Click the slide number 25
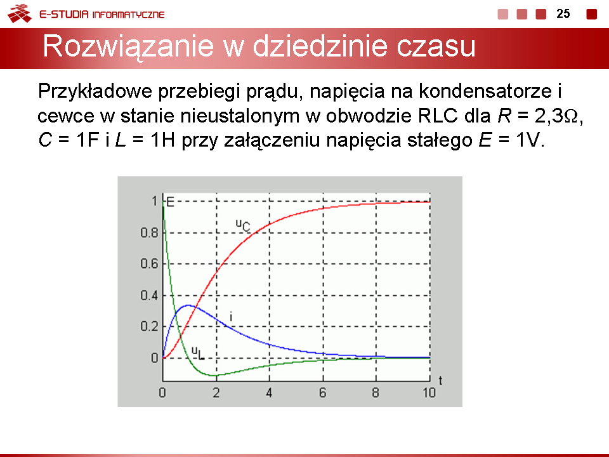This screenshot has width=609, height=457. tap(563, 13)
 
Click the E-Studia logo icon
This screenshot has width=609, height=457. tap(20, 13)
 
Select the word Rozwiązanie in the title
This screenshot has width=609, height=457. tap(128, 46)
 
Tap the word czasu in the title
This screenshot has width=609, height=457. tap(436, 46)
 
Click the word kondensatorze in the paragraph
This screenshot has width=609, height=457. tap(485, 91)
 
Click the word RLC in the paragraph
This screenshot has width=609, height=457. tap(438, 116)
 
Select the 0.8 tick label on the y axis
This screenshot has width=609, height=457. tap(149, 233)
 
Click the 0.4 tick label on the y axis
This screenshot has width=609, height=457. tap(149, 295)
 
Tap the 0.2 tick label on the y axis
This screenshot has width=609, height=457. tap(149, 326)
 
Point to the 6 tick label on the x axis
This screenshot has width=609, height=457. tap(322, 393)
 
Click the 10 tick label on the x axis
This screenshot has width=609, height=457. tap(429, 393)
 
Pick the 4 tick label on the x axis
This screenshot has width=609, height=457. tap(269, 393)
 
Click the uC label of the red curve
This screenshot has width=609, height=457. tap(243, 225)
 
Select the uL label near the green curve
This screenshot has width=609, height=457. tap(198, 353)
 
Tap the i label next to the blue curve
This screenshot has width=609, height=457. tap(231, 317)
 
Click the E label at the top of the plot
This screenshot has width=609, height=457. tap(170, 202)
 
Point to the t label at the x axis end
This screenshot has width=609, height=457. tap(440, 380)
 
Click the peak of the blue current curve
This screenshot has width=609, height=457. tap(188, 305)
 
